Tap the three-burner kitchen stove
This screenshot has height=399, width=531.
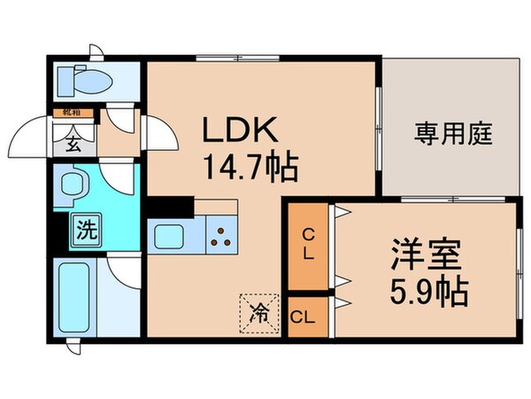pyautogui.click(x=222, y=235)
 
